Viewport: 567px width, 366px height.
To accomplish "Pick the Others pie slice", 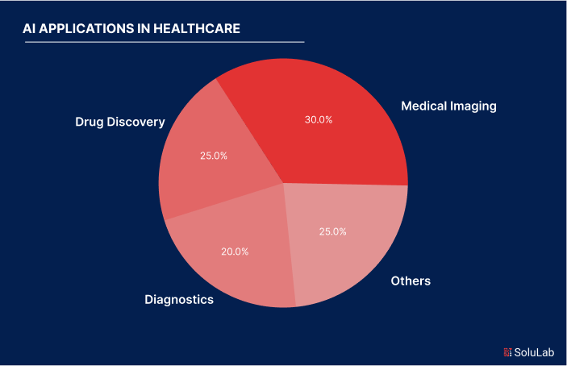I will click(x=347, y=242).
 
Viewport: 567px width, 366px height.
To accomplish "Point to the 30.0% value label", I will click(x=319, y=119).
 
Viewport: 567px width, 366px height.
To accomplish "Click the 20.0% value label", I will click(x=235, y=251).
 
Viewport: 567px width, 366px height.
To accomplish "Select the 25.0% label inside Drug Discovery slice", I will click(x=214, y=156).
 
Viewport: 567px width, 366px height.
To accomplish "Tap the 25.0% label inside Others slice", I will click(x=333, y=231).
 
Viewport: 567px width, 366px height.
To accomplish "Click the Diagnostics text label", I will click(x=179, y=300).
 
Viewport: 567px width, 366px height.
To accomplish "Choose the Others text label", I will click(x=411, y=281).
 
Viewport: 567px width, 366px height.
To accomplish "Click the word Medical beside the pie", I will click(x=425, y=106).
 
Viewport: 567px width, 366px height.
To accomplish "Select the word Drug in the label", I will click(x=89, y=122).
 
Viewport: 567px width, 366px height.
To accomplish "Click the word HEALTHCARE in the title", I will click(x=198, y=28).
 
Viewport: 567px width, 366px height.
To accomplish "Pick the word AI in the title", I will click(x=31, y=28).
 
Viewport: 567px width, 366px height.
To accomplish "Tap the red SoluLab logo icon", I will click(x=507, y=351).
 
